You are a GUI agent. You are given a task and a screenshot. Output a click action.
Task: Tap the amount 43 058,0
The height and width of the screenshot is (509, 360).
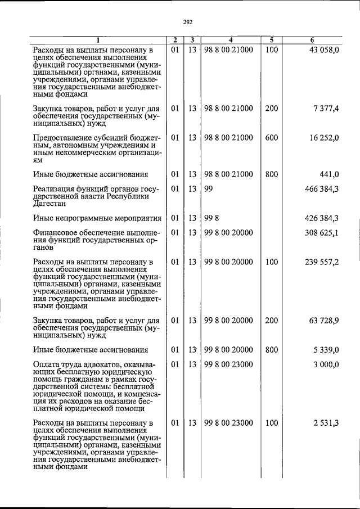click(x=322, y=50)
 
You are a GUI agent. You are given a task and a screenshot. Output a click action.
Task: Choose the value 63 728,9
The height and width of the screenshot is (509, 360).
click(x=323, y=321)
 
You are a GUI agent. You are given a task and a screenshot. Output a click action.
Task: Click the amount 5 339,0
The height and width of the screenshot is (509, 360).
click(x=326, y=350)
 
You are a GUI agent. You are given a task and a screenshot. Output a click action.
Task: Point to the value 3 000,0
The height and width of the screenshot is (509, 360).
click(x=326, y=364)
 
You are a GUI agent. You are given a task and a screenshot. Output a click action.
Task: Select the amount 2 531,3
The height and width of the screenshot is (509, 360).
click(x=326, y=423)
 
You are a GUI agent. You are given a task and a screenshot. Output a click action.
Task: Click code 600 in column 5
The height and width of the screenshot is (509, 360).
click(x=272, y=137)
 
